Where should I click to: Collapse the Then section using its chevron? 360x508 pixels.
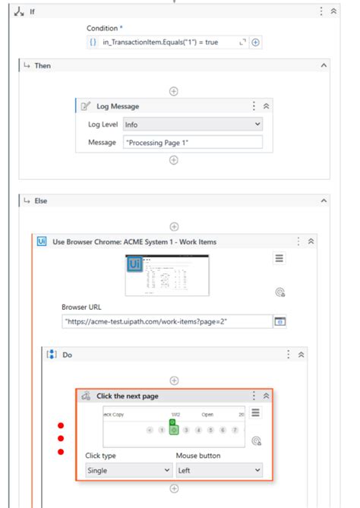tap(324, 66)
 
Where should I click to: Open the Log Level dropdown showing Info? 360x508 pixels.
tap(192, 124)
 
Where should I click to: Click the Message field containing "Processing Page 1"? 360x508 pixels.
tap(192, 142)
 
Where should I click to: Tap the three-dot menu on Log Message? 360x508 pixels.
tap(254, 106)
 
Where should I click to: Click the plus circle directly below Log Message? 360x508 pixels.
tap(174, 160)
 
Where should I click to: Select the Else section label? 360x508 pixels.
tap(42, 200)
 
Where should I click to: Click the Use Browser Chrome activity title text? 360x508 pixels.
tap(134, 241)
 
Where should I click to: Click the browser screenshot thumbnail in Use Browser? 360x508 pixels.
tap(167, 275)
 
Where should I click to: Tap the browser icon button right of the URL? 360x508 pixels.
tap(279, 321)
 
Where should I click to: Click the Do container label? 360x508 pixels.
tap(67, 354)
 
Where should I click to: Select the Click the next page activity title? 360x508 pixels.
tap(128, 396)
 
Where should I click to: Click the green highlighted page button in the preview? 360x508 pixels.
tap(174, 430)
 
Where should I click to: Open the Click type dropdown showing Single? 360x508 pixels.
tap(128, 470)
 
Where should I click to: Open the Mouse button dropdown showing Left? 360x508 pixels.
tap(219, 470)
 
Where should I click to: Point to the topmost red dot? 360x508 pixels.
tap(62, 425)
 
